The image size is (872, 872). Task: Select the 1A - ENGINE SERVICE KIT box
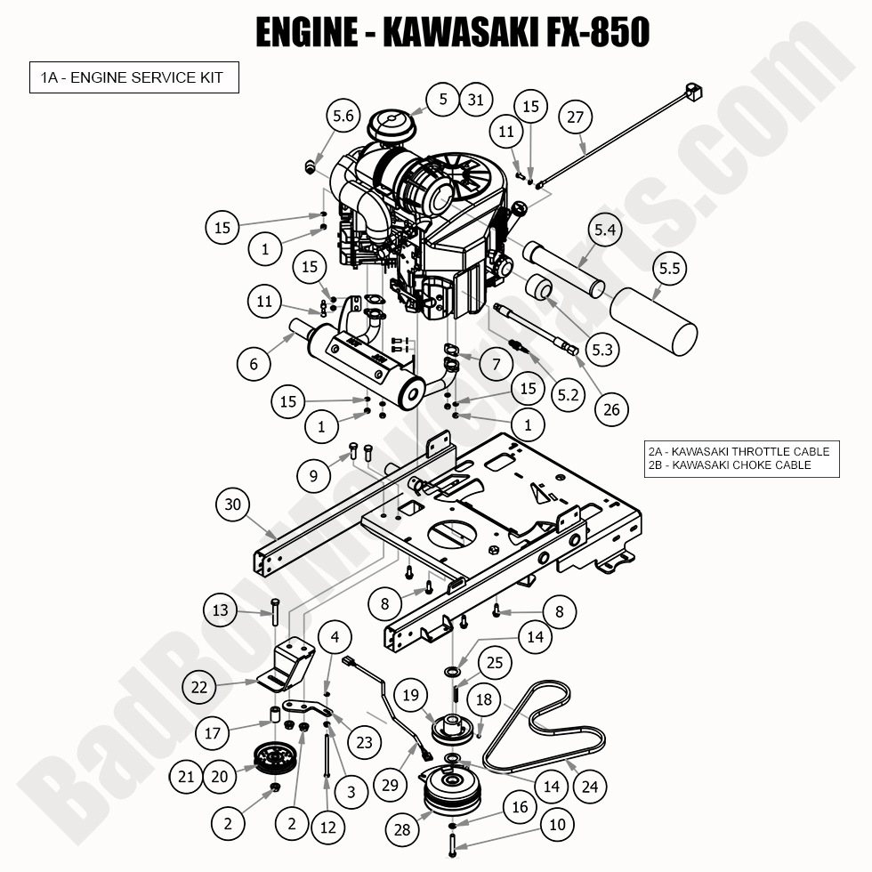click(133, 77)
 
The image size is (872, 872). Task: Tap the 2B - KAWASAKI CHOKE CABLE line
click(730, 464)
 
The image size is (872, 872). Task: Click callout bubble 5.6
click(343, 116)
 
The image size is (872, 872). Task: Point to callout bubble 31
click(476, 99)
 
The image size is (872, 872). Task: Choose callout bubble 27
click(576, 118)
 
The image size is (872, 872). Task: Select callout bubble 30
click(233, 505)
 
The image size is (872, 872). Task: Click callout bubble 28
click(403, 829)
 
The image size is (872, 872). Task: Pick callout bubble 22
click(200, 687)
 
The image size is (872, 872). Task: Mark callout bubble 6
click(254, 363)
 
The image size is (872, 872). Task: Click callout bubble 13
click(220, 610)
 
